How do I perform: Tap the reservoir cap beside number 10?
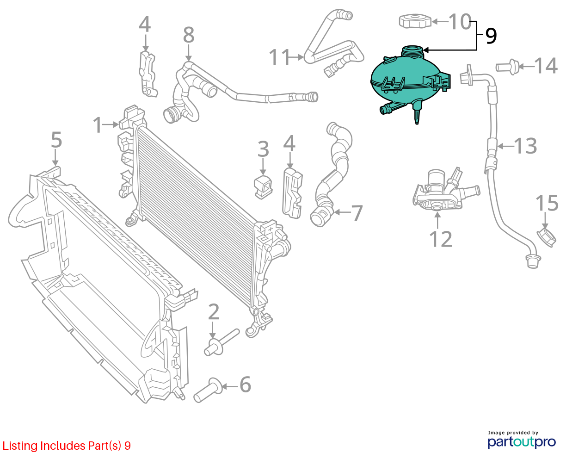point(415,21)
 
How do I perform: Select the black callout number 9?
point(491,36)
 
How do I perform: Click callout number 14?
point(546,66)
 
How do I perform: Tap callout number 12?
point(441,239)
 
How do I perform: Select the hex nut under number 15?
point(546,237)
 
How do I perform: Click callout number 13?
point(525,146)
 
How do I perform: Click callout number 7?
point(357,213)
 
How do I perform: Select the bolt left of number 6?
point(208,390)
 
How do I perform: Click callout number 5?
point(56,140)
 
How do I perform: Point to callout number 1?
point(97,125)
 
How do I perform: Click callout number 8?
point(189,35)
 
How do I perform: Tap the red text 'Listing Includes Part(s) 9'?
point(67,446)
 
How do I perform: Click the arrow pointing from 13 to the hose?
point(505,146)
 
